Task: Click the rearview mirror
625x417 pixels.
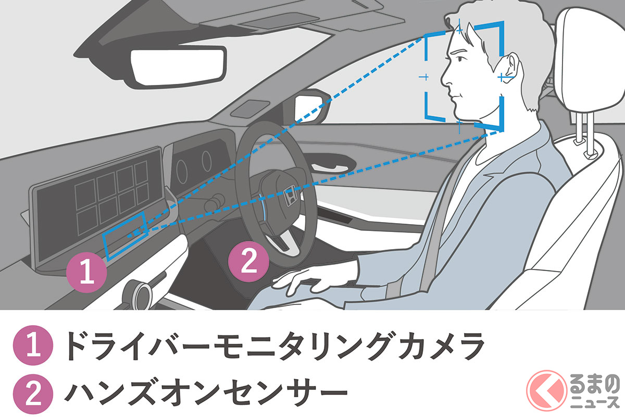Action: point(178,68)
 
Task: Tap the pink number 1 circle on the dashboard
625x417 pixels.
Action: point(87,272)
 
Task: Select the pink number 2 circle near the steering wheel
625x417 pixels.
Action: point(248,262)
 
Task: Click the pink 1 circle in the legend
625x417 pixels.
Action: point(33,345)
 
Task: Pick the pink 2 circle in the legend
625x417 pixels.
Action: point(33,394)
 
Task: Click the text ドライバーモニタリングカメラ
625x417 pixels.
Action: point(274,346)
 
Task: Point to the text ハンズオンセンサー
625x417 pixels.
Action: point(206,395)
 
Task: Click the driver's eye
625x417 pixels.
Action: point(460,59)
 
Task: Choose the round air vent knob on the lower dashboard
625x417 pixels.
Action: point(140,294)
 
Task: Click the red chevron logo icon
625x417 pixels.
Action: point(546,390)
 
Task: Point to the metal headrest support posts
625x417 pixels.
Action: point(584,133)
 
